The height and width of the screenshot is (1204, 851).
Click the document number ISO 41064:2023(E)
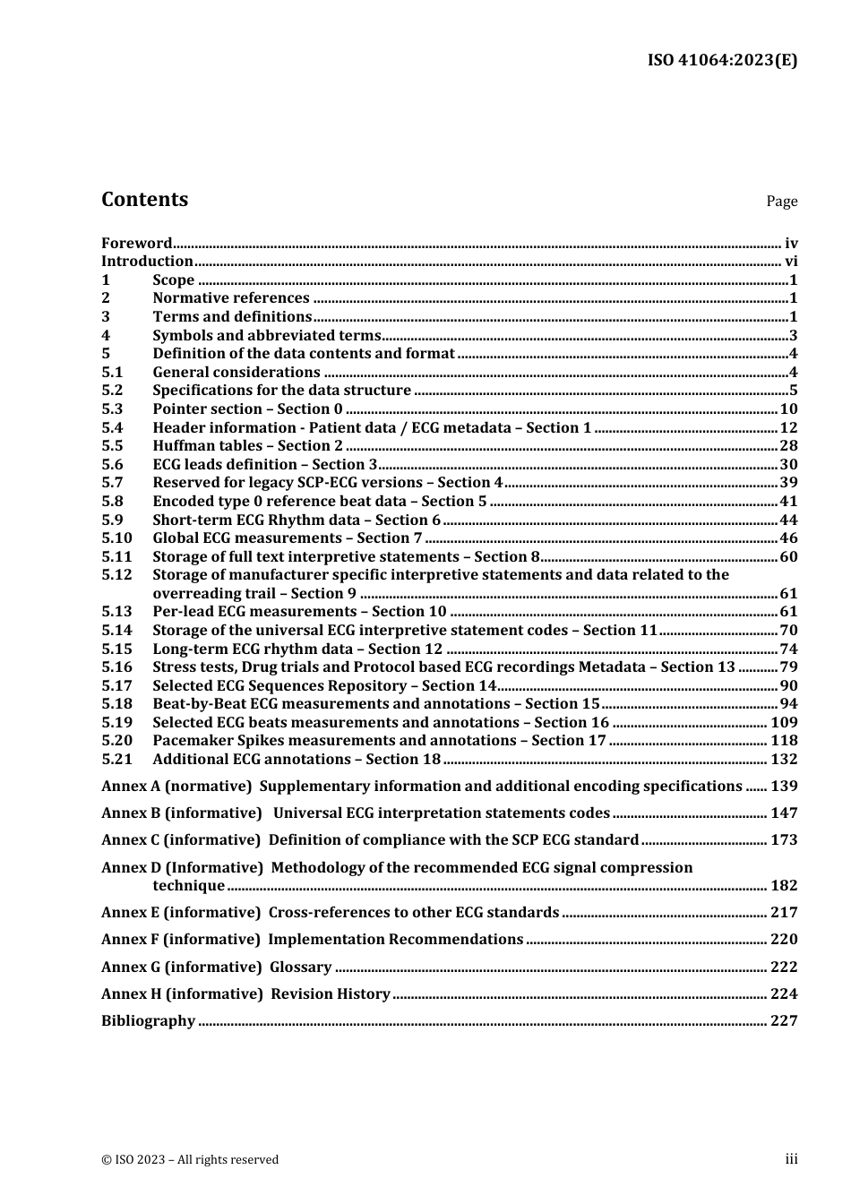click(x=722, y=61)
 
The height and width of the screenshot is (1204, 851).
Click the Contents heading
click(x=144, y=200)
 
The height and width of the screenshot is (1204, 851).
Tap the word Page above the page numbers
click(x=781, y=202)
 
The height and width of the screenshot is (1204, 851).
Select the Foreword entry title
click(x=136, y=243)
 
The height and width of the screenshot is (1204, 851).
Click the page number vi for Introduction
click(x=790, y=262)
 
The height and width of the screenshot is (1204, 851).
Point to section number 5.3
click(x=112, y=409)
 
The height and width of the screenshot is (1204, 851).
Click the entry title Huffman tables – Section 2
click(x=247, y=446)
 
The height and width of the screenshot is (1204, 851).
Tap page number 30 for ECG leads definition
click(x=788, y=465)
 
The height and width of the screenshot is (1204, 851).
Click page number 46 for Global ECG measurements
click(x=788, y=538)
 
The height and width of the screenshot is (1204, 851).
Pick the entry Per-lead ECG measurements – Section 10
click(x=299, y=612)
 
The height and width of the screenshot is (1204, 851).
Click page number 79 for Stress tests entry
click(x=788, y=667)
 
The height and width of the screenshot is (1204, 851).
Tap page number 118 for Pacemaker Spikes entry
click(x=784, y=741)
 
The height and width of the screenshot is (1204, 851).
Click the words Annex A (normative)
click(x=176, y=787)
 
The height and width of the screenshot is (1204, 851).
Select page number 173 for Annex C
click(x=784, y=840)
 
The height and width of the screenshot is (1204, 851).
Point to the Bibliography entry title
click(x=148, y=1021)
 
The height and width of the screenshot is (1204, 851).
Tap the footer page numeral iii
click(x=791, y=1159)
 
